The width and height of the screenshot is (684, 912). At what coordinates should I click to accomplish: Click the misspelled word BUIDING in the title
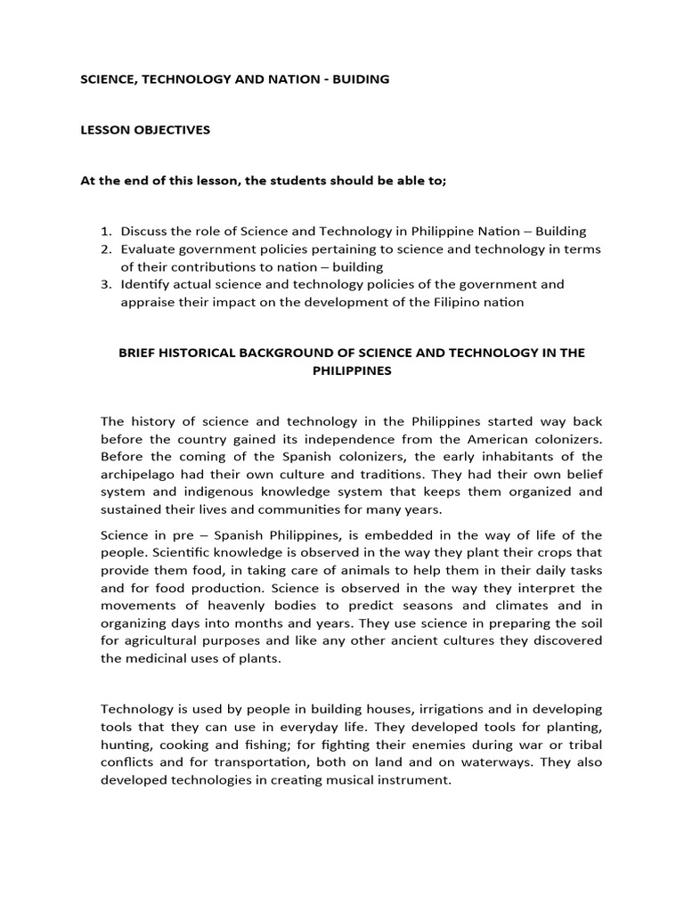point(360,79)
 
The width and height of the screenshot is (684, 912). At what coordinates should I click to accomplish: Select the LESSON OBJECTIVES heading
point(145,130)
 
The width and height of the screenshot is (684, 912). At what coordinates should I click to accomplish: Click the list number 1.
point(104,232)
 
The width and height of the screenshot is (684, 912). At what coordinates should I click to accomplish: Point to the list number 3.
point(104,285)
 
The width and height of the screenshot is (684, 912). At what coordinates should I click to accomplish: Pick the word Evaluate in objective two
point(149,249)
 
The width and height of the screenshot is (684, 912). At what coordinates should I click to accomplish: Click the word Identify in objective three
point(146,285)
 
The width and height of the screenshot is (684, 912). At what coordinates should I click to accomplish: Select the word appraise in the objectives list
point(148,302)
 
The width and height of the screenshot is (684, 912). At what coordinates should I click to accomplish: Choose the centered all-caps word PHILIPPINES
point(351,370)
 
